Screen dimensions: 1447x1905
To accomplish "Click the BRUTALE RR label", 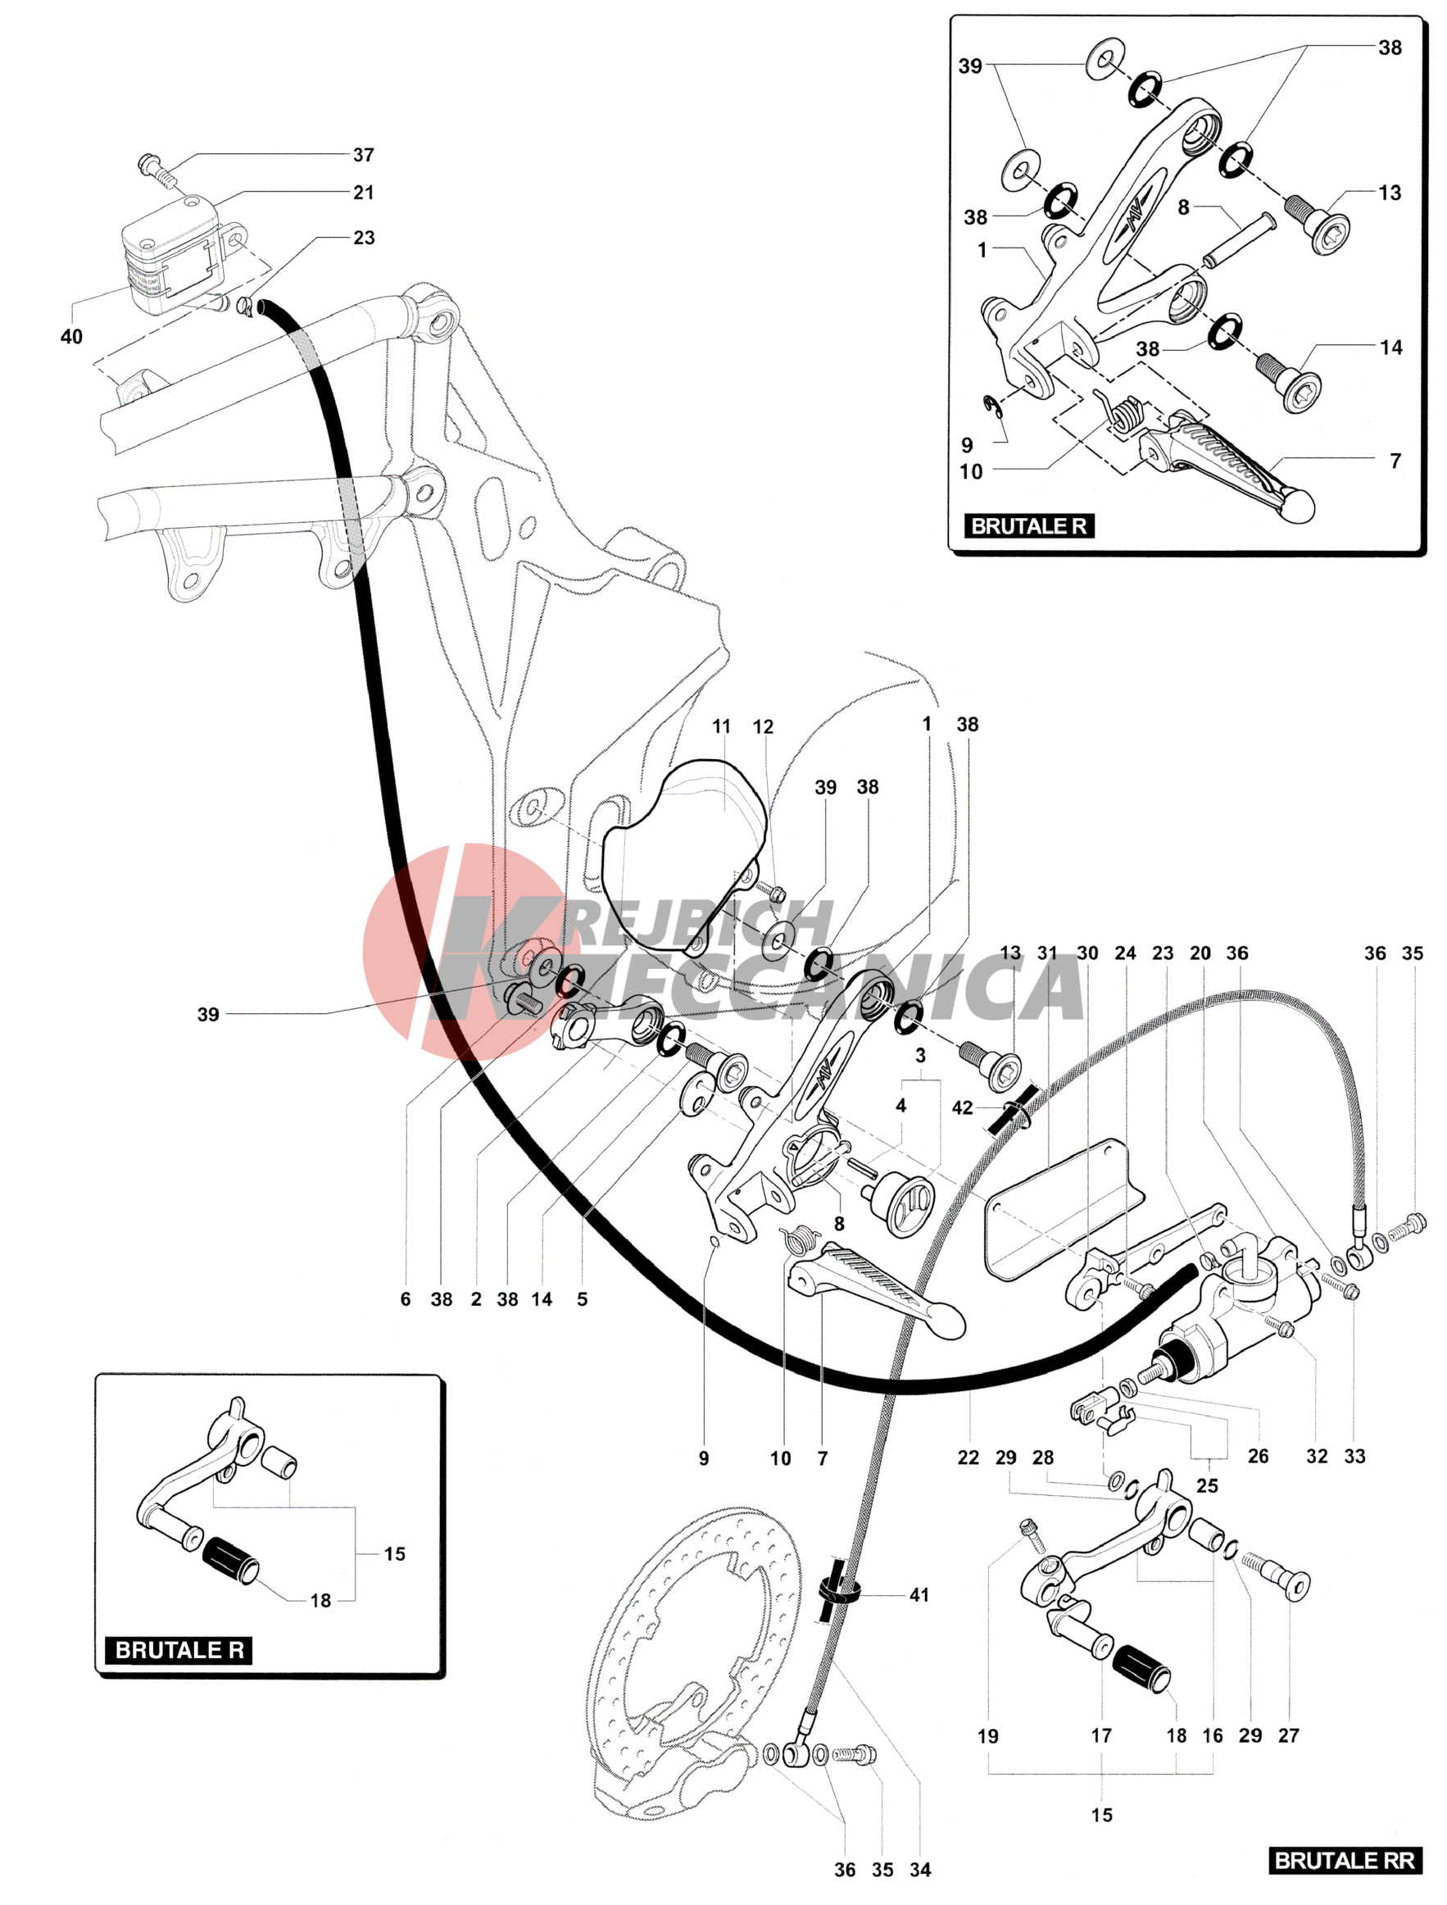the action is tap(1344, 1860).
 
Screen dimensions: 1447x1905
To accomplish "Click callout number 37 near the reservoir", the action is tap(364, 155).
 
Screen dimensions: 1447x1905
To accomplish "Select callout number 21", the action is tap(364, 193).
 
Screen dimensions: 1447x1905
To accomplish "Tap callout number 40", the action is tap(71, 337).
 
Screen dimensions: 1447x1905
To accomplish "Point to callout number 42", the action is tap(962, 1108).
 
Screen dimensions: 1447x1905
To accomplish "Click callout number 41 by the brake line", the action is tap(919, 1595).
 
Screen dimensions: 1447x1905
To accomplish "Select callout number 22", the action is tap(968, 1457).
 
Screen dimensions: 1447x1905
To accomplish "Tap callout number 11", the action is tap(721, 726).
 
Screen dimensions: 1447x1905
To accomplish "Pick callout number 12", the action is tap(763, 727).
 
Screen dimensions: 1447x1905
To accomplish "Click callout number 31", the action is tap(1046, 953).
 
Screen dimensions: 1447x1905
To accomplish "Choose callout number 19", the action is tap(988, 1736).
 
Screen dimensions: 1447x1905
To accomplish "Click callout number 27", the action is tap(1289, 1735).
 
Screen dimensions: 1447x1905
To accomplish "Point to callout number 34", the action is tap(920, 1870).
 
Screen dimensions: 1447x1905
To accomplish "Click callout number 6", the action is tap(406, 1299).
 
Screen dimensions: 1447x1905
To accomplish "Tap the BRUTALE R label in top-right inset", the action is tap(1029, 525).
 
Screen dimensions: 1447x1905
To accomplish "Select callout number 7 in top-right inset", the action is tap(1395, 461).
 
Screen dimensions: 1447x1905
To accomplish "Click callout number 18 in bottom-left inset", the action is tap(320, 1601).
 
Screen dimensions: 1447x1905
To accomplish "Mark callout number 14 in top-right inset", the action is tap(1391, 348).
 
